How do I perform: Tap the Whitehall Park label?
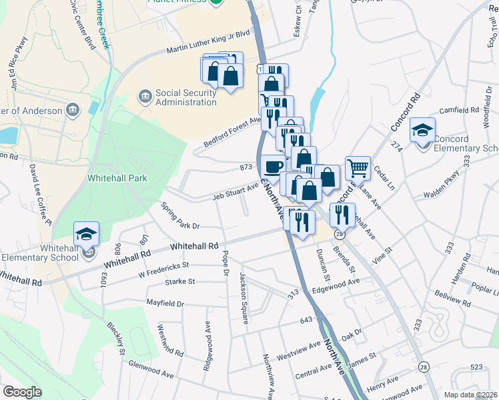point(117,178)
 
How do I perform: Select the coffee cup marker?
point(272,167)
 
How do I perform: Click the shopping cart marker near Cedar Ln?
point(358,168)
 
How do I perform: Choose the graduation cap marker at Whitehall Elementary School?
point(87,234)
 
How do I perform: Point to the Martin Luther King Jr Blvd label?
point(207,50)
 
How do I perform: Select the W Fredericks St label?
point(163,270)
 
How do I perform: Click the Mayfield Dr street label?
point(165,303)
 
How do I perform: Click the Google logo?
point(21,392)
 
